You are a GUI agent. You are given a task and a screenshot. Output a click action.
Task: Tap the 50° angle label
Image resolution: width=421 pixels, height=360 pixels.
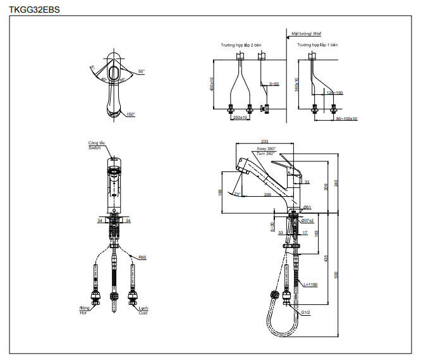[x=141, y=71]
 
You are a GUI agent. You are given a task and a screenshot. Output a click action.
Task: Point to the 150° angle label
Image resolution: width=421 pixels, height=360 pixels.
[x=130, y=115]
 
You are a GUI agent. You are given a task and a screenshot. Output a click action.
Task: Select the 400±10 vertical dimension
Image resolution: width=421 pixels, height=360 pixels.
[x=212, y=84]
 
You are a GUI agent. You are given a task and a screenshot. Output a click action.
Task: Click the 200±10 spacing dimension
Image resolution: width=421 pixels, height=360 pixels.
[x=240, y=118]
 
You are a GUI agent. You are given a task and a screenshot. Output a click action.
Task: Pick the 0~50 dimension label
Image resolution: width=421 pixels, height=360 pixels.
[x=274, y=84]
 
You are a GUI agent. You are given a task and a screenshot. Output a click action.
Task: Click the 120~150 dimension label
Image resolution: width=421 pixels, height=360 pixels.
[x=334, y=93]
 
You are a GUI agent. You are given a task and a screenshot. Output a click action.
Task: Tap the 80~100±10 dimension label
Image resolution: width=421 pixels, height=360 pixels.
[x=346, y=118]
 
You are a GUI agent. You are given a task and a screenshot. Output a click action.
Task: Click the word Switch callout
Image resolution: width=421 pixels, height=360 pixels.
[x=94, y=147]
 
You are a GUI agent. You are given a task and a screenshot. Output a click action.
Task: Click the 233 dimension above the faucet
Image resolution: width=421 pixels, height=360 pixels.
[x=264, y=142]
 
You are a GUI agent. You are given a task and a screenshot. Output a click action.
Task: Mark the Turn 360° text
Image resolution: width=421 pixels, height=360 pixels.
[x=265, y=154]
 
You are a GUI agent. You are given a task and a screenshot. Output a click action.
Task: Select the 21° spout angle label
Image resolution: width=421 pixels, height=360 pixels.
[x=237, y=194]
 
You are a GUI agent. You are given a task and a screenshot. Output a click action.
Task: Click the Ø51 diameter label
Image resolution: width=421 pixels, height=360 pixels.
[x=307, y=208]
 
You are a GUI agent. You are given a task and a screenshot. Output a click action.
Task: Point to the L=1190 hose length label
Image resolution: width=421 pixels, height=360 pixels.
[x=310, y=285]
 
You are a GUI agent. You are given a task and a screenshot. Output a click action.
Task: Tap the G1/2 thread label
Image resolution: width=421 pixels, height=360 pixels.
[x=305, y=312]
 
